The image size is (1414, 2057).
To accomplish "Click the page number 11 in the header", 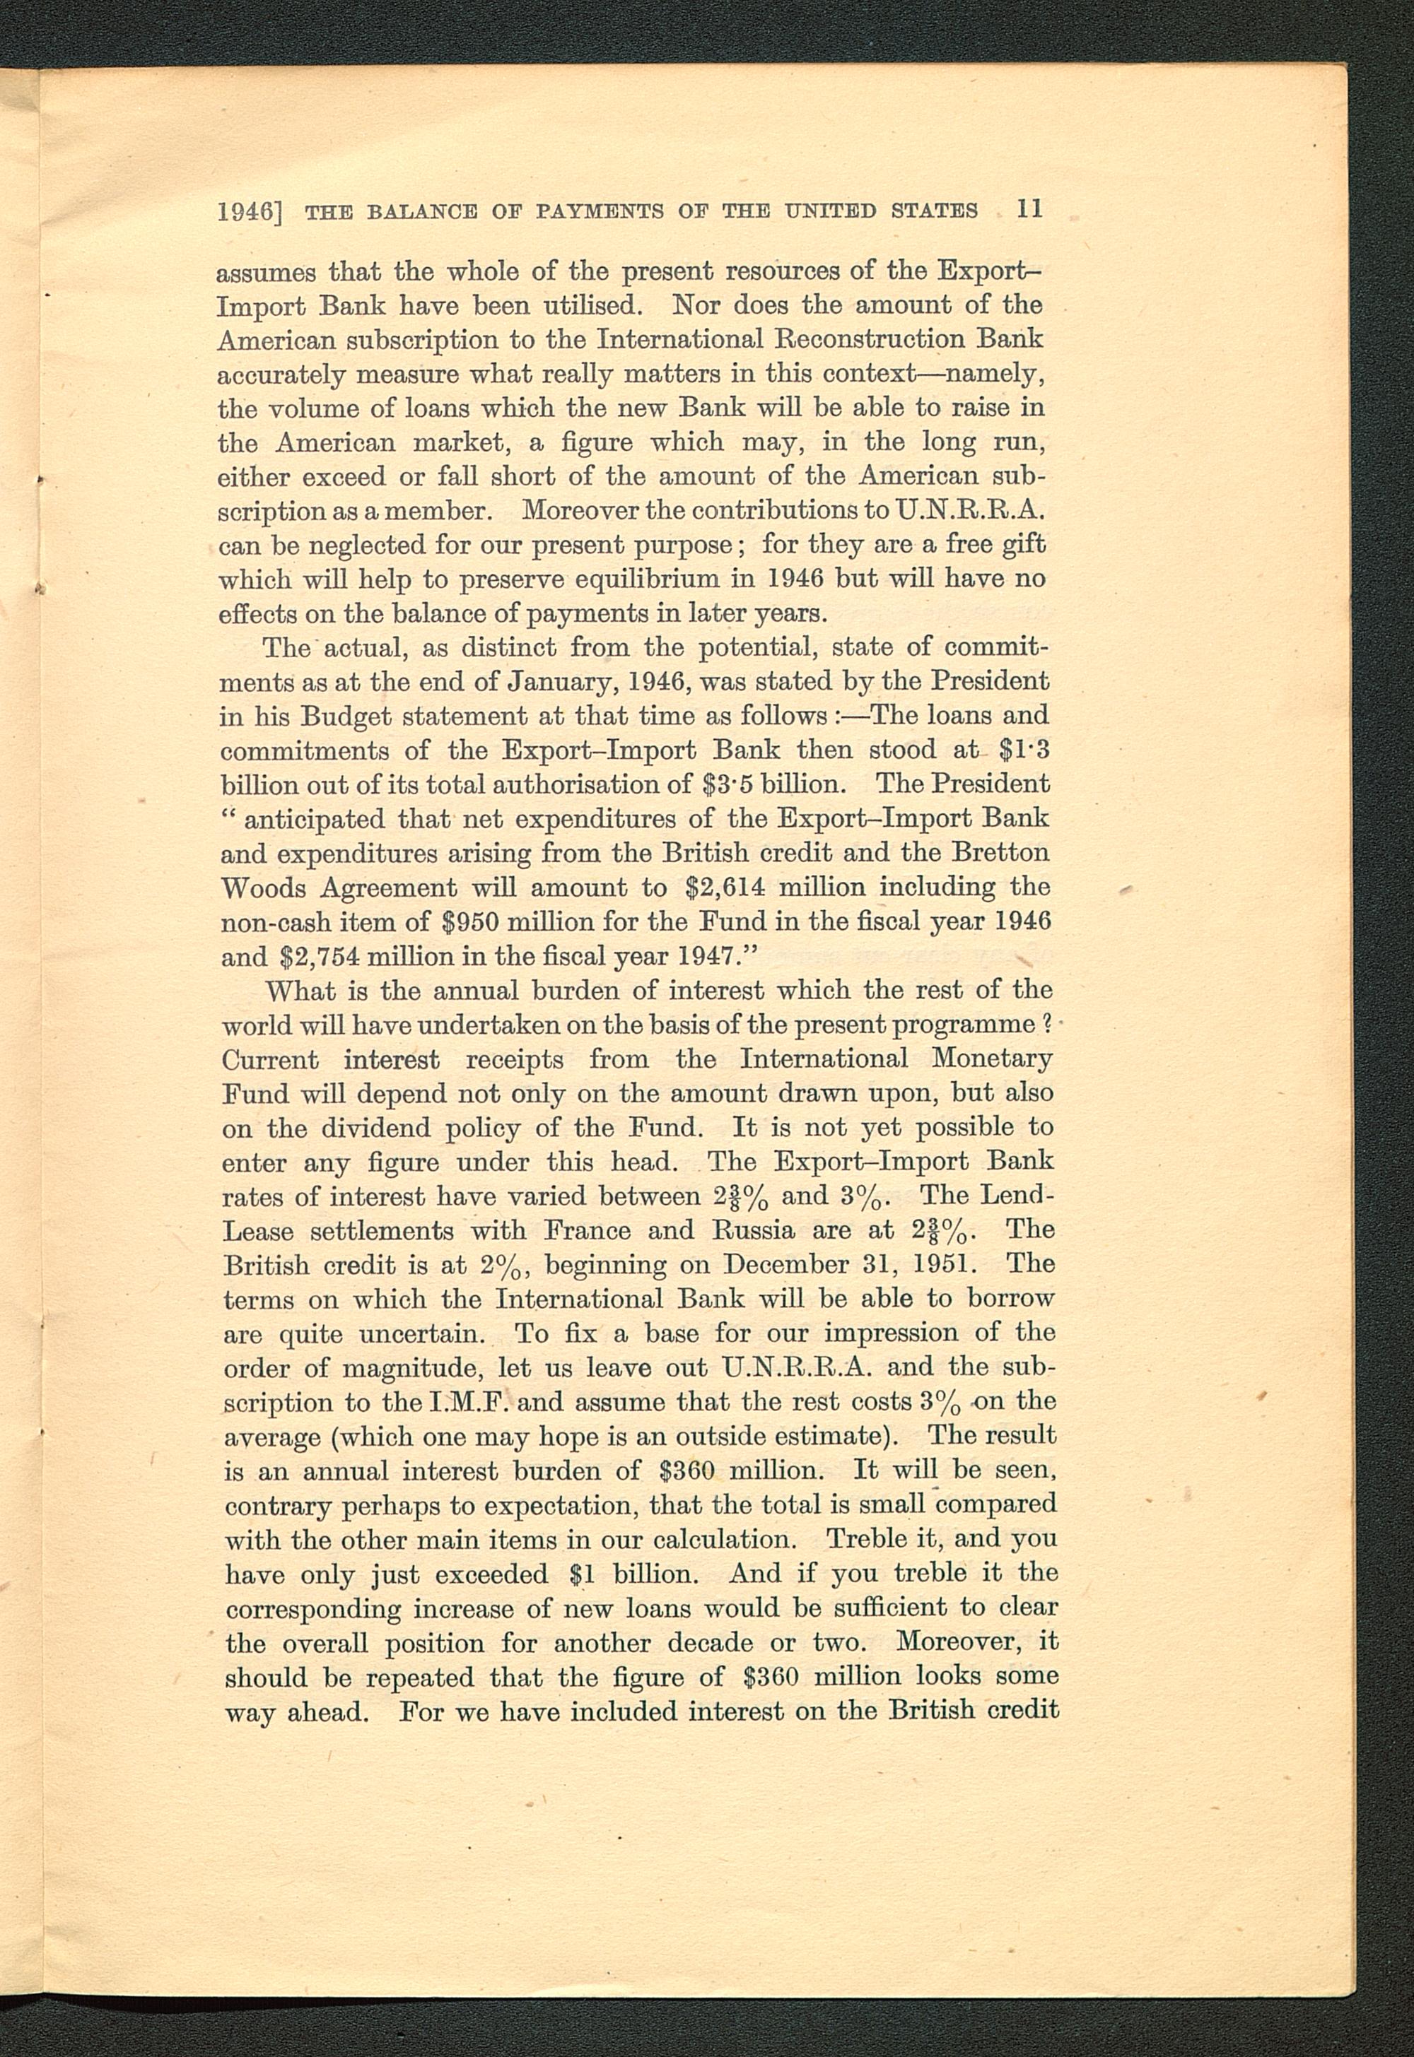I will (x=1030, y=210).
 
